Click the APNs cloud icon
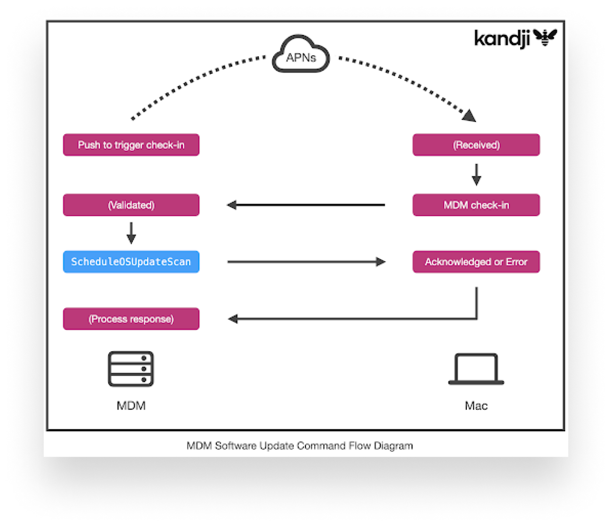pos(301,55)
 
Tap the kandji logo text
pos(502,38)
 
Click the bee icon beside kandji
pos(545,38)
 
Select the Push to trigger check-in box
pos(131,145)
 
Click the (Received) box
pos(476,145)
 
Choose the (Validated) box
pos(131,205)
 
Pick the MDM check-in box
pos(476,205)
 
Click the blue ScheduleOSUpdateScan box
pos(131,262)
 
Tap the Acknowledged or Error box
pos(476,262)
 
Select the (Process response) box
pos(131,319)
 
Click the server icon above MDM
pos(131,369)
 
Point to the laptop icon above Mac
pos(476,369)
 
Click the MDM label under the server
pos(131,406)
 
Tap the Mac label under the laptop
pos(476,406)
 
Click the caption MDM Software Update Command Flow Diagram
pos(299,446)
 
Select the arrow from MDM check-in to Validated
pos(306,205)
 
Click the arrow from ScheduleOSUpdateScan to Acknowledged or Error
pos(306,262)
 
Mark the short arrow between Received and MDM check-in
pos(476,174)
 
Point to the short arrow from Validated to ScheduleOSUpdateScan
pos(131,233)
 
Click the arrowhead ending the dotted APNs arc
pos(469,116)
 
